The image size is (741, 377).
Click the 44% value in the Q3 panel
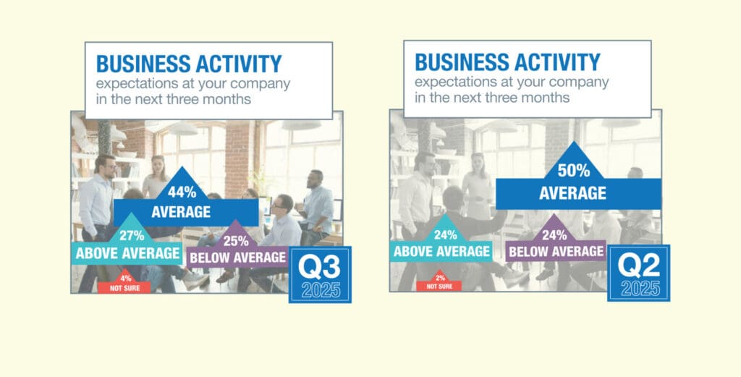pyautogui.click(x=182, y=192)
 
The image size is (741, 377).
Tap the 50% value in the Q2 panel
pyautogui.click(x=574, y=171)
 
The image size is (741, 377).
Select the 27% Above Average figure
pyautogui.click(x=132, y=235)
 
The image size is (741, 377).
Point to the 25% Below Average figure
pyautogui.click(x=236, y=241)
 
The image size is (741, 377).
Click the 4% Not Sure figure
pyautogui.click(x=126, y=279)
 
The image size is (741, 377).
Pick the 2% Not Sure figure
pyautogui.click(x=441, y=279)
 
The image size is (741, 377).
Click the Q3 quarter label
pyautogui.click(x=319, y=268)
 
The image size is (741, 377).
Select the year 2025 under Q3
pyautogui.click(x=321, y=290)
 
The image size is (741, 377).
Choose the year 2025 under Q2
pyautogui.click(x=640, y=288)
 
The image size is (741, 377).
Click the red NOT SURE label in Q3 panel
pyautogui.click(x=124, y=288)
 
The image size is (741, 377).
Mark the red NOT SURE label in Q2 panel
pyautogui.click(x=439, y=287)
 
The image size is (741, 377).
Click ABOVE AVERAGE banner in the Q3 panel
pyautogui.click(x=127, y=254)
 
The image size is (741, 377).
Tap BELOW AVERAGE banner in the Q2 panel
pyautogui.click(x=556, y=252)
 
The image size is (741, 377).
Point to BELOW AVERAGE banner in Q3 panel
pyautogui.click(x=238, y=258)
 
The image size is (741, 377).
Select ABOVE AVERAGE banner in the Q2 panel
pyautogui.click(x=442, y=251)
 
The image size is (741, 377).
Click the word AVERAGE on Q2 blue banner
pyautogui.click(x=573, y=193)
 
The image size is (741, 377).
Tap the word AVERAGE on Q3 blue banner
pyautogui.click(x=181, y=211)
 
